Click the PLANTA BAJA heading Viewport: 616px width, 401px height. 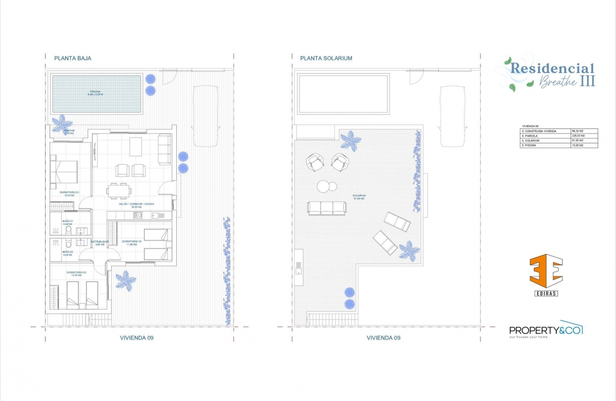pos(73,58)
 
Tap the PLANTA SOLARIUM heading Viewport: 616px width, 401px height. pos(326,58)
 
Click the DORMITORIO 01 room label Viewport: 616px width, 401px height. pos(69,193)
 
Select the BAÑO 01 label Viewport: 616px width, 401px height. pos(67,222)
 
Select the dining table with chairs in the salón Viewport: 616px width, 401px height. pos(119,190)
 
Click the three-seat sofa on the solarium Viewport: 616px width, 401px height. pos(327,208)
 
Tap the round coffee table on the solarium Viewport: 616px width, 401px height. pos(327,186)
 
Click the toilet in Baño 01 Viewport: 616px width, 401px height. pos(68,230)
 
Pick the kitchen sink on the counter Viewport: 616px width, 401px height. pos(158,215)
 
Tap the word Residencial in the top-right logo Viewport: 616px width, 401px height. pos(552,68)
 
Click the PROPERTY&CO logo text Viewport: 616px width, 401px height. pos(545,330)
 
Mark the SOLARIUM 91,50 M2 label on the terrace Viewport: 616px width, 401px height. pos(359,197)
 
